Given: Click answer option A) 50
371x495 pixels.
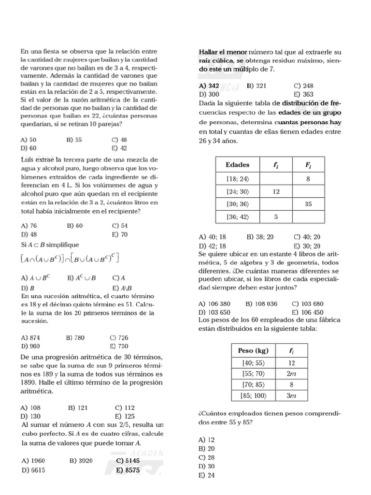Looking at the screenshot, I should (29, 140).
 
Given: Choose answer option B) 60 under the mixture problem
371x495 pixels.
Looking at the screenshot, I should (75, 226).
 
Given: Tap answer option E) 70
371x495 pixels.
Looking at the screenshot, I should (119, 234).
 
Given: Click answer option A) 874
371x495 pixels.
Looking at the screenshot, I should (30, 337).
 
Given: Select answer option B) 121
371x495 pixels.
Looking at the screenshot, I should (77, 408).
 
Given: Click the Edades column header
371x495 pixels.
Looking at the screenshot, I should (237, 165).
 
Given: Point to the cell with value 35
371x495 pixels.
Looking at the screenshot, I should (308, 204).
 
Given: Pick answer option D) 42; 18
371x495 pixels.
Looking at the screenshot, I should (212, 246).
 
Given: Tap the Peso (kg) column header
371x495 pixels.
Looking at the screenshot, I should (253, 350).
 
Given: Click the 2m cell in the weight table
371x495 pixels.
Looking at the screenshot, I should (291, 374).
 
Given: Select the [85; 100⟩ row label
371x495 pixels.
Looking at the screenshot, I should (253, 395).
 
